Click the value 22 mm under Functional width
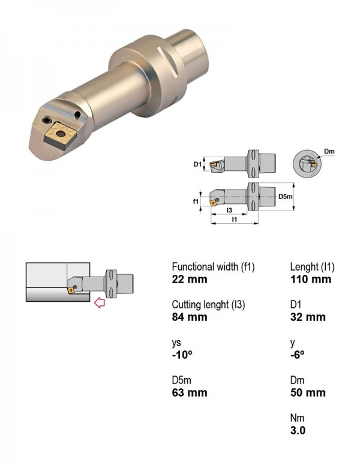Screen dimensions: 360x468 pos(189,280)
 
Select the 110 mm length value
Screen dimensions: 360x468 pos(310,280)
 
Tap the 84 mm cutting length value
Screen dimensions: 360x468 pos(189,317)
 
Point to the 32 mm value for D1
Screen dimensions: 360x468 pos(307,317)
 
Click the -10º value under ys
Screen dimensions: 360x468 pos(182,355)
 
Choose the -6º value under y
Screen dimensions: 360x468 pos(297,355)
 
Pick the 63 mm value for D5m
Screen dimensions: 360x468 pos(189,392)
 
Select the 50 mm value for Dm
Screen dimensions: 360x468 pos(307,392)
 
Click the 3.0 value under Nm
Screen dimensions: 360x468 pos(298,430)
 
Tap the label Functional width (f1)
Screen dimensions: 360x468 pos(213,267)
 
